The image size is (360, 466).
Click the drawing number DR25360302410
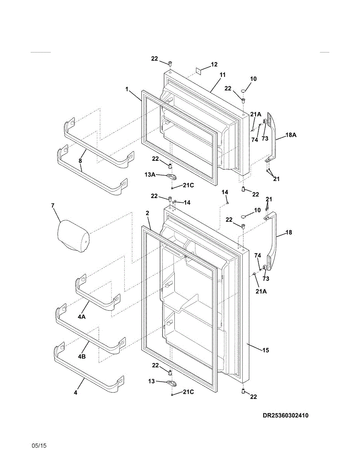pos(285,416)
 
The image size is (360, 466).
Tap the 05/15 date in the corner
pos(39,446)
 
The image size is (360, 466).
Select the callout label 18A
pos(291,135)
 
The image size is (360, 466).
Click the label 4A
pos(82,317)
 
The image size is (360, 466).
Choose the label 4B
pos(82,356)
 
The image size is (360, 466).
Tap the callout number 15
pos(266,350)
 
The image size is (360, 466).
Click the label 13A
pos(150,175)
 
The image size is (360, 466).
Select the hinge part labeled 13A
pos(172,177)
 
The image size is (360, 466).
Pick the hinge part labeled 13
pos(172,383)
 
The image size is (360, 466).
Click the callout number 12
pos(214,64)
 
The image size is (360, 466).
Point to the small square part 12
pos(198,71)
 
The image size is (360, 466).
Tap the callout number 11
pos(222,74)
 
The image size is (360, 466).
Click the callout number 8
pos(80,160)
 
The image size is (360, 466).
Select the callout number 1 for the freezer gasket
pos(127,89)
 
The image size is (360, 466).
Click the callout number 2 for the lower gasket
pos(147,213)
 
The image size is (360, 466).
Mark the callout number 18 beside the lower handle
pos(289,232)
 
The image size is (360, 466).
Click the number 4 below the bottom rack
pos(75,393)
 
